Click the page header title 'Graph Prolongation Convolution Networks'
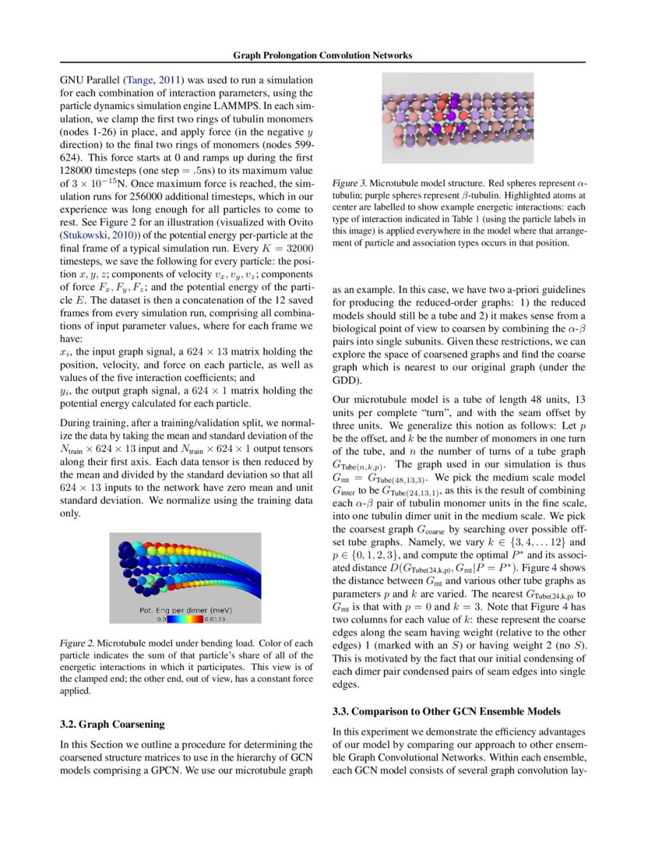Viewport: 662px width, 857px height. (x=322, y=55)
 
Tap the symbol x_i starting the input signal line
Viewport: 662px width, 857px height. (x=65, y=353)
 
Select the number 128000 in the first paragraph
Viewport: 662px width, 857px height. (x=78, y=168)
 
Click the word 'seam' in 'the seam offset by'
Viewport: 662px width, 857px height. (x=517, y=411)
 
